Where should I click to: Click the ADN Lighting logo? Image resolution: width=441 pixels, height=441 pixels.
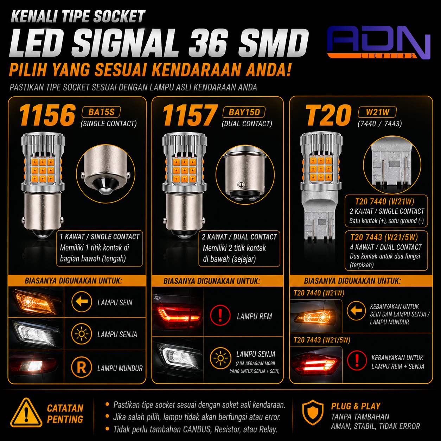pos(379,42)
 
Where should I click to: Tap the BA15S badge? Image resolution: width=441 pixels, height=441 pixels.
pos(101,112)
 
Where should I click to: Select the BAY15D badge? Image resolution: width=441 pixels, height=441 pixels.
pos(244,112)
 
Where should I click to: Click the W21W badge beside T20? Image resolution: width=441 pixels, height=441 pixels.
pos(377,112)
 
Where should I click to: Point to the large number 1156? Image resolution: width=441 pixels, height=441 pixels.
pos(47,115)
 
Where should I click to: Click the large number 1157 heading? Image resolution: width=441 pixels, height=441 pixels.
pos(190,115)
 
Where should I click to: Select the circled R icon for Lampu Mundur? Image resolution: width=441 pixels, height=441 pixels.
pos(82,367)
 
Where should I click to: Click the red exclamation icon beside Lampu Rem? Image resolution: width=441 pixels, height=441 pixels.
pos(220,315)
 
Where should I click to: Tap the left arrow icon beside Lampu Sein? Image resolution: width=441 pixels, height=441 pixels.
pos(82,302)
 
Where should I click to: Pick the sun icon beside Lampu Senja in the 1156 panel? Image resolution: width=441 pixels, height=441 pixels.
pos(82,334)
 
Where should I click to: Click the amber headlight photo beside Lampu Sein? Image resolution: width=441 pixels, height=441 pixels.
pos(36,302)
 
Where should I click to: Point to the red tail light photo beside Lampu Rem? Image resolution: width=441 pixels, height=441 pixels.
pos(178,312)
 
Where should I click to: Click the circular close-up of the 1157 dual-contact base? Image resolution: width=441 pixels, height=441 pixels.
pos(245,175)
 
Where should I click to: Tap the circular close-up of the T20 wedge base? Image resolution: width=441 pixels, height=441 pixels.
pos(392,165)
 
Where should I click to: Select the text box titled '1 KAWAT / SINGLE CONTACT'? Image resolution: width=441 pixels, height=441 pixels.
pos(100,248)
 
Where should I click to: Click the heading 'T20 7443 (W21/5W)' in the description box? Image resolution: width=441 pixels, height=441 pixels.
pos(384,237)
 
